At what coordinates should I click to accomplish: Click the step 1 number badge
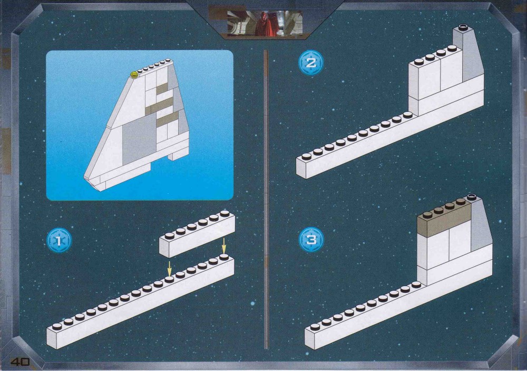59,240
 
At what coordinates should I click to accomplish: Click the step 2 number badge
311,63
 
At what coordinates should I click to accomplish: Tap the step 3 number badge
311,240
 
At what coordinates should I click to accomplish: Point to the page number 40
20,362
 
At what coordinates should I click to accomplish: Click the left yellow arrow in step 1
169,269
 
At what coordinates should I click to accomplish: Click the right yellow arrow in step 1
223,246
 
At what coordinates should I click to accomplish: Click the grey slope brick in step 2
468,54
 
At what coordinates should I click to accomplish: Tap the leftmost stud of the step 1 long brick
57,326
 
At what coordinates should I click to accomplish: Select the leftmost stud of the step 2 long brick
307,156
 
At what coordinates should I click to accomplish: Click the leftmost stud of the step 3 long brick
315,327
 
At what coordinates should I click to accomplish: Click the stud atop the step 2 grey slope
463,26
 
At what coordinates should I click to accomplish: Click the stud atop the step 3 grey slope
472,197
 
